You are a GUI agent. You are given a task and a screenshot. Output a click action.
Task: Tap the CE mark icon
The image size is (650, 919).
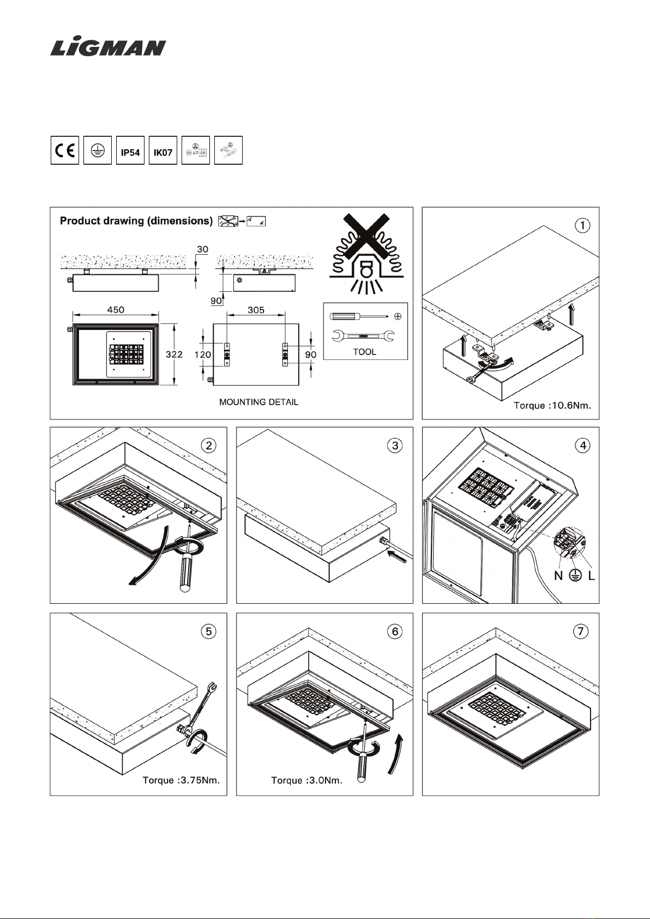(x=65, y=150)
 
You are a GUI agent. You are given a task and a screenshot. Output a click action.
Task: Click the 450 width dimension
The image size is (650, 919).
(x=116, y=310)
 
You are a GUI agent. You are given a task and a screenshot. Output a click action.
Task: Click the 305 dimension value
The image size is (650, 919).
(x=256, y=310)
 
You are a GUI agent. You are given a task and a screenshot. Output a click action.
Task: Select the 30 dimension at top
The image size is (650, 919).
(x=202, y=249)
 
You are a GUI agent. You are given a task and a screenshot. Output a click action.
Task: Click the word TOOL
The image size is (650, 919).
(x=365, y=352)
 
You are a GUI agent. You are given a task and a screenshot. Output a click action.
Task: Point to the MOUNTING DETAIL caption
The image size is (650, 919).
(x=258, y=402)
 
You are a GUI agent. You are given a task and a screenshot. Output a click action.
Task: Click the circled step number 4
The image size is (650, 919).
(x=583, y=446)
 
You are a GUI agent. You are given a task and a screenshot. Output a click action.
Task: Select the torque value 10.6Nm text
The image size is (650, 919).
(x=552, y=405)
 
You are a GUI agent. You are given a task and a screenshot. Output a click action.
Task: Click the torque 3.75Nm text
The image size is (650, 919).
(x=181, y=780)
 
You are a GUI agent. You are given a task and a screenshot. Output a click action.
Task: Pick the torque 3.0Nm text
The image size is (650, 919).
(x=307, y=781)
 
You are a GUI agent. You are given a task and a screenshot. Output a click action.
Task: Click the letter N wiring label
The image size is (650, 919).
(x=558, y=576)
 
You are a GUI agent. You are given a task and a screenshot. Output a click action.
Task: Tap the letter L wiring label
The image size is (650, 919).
(x=592, y=576)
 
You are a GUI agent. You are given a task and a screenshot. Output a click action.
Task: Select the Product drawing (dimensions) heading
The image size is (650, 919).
(x=136, y=221)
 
